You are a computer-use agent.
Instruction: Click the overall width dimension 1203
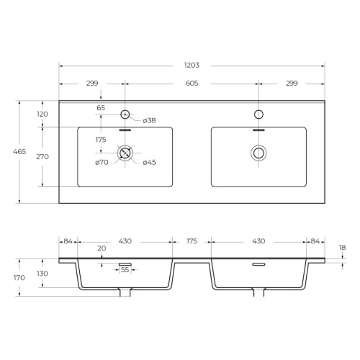(192, 66)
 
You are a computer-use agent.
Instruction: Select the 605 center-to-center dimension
(192, 84)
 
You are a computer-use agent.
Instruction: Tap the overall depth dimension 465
(19, 152)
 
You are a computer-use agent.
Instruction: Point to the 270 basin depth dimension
(42, 157)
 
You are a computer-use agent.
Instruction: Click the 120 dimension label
(42, 114)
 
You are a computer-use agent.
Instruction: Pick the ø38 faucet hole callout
(149, 120)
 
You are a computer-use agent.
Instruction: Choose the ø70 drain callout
(102, 163)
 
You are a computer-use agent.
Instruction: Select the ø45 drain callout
(149, 163)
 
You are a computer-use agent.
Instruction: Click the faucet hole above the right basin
(258, 114)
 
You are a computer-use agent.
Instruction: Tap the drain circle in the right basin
(258, 153)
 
